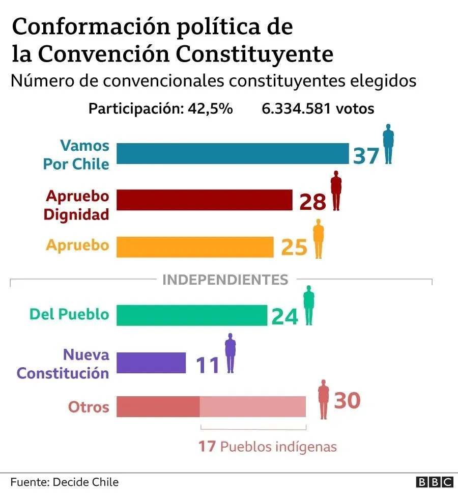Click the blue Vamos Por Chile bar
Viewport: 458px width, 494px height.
[x=233, y=153]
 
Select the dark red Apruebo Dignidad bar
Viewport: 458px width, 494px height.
[x=205, y=200]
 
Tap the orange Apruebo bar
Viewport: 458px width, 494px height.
[x=195, y=247]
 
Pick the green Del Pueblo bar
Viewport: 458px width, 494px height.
[x=192, y=315]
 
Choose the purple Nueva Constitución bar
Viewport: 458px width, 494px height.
[x=151, y=363]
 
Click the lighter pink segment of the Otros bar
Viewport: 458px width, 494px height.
[x=253, y=406]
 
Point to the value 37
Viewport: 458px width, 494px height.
[x=366, y=155]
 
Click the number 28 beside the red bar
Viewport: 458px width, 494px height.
[x=312, y=202]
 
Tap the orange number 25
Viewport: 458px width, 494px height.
[x=294, y=248]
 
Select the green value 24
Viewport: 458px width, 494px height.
[x=284, y=316]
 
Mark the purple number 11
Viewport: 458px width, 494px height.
[x=208, y=365]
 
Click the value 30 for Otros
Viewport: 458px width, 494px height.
[x=347, y=400]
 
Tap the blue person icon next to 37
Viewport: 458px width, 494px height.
[x=388, y=144]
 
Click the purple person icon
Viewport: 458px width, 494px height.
[x=231, y=352]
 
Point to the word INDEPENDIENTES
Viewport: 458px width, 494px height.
[x=225, y=280]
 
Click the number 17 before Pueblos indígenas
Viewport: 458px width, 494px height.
[x=207, y=447]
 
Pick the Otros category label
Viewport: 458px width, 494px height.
[x=89, y=407]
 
